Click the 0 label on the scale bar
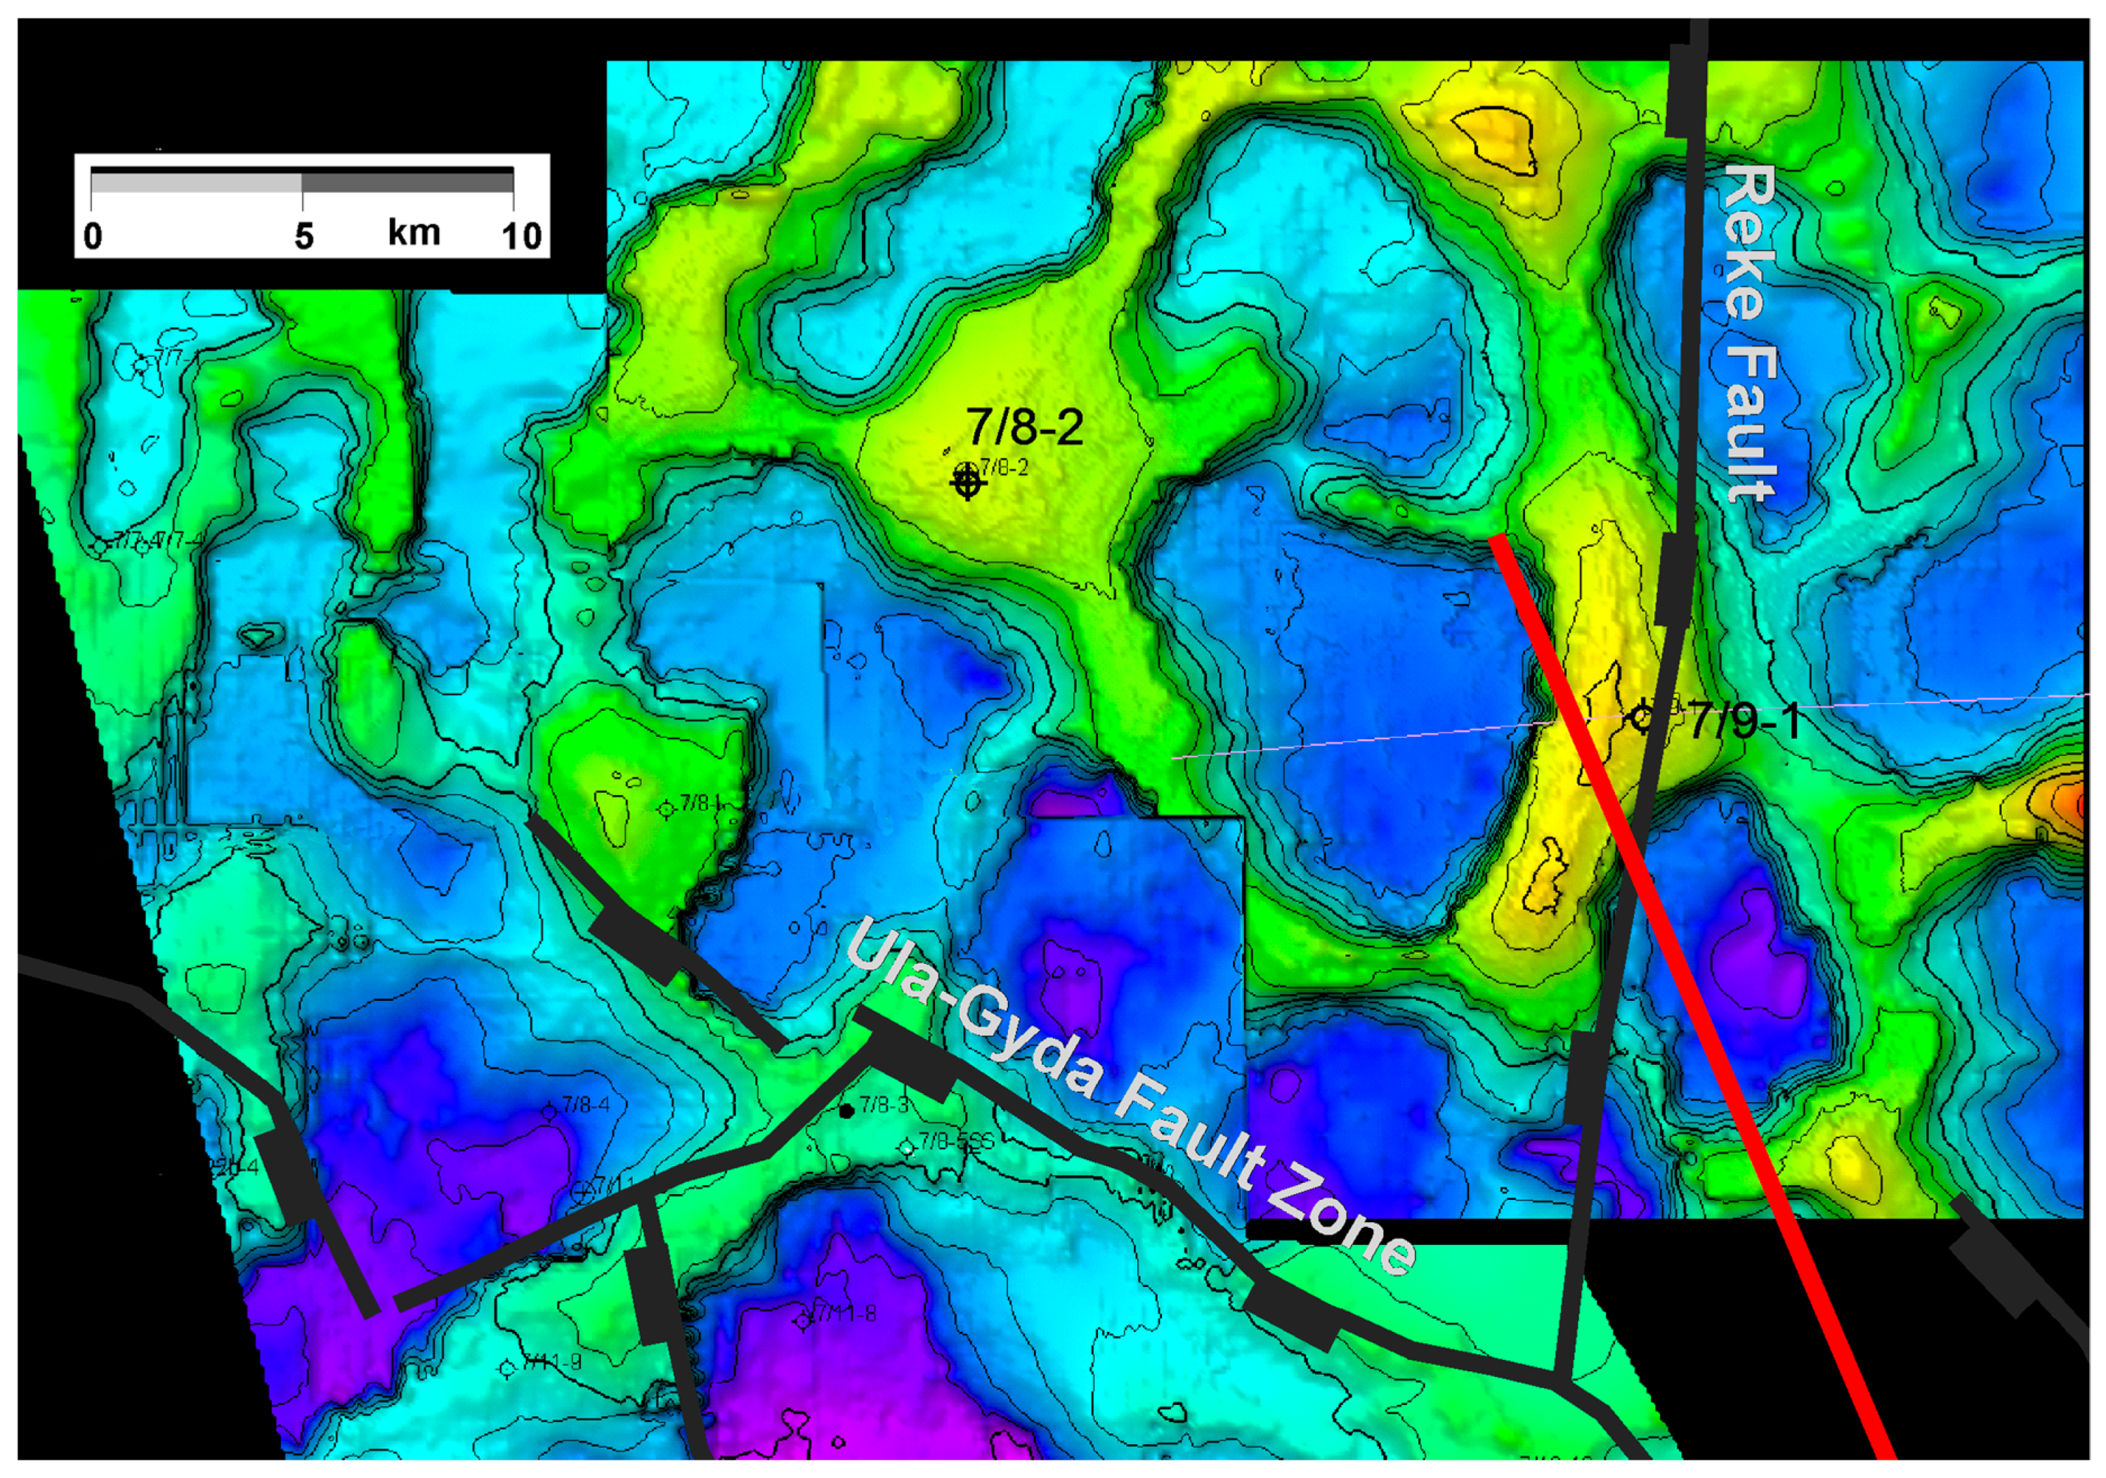(93, 237)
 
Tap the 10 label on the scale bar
(521, 237)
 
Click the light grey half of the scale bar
(196, 182)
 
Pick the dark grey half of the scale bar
(407, 182)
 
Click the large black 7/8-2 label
(1025, 426)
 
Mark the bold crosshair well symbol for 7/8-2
(967, 480)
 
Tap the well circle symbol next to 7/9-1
(1642, 717)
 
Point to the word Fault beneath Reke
(1750, 424)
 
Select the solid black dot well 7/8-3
(846, 1111)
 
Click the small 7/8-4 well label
(585, 1104)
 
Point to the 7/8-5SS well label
(956, 1142)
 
